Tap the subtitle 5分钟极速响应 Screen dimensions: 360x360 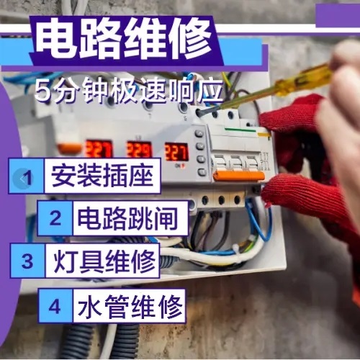click(x=129, y=91)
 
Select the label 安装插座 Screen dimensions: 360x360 click(x=102, y=176)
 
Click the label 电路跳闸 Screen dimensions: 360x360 click(x=127, y=218)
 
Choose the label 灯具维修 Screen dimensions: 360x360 click(x=104, y=261)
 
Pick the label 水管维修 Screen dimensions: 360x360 click(x=130, y=306)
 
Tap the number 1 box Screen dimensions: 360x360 click(x=27, y=176)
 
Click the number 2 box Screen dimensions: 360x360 click(x=55, y=218)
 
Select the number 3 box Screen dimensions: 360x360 click(x=27, y=261)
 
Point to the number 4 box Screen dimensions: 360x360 click(x=55, y=306)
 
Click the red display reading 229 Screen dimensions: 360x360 click(x=139, y=150)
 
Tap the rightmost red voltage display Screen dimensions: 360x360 click(x=176, y=152)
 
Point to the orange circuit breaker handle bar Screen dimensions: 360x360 click(x=239, y=176)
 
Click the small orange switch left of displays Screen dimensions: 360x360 click(x=70, y=148)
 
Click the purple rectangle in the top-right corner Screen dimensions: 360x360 click(x=338, y=15)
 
